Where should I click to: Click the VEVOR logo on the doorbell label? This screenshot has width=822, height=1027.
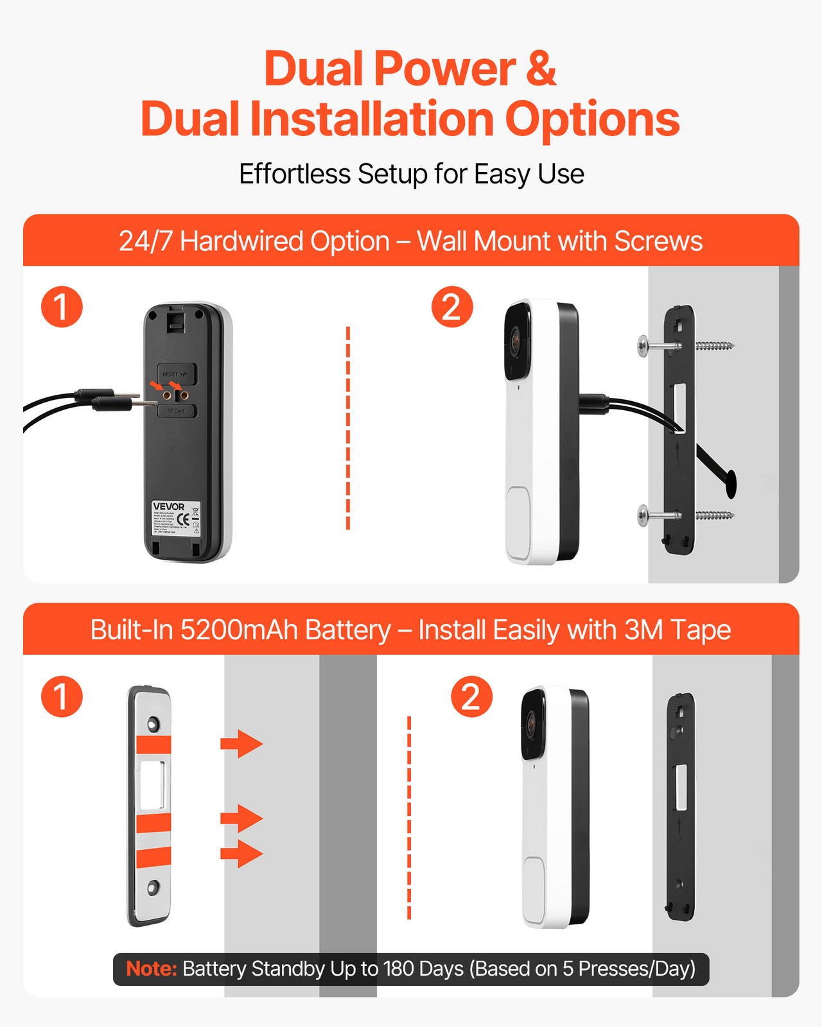[168, 506]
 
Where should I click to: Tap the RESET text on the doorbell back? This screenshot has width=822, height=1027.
[170, 374]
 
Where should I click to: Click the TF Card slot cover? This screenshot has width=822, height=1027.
[177, 411]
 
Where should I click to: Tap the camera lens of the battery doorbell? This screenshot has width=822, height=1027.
[532, 723]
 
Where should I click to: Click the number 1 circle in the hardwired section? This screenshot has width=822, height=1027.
[62, 307]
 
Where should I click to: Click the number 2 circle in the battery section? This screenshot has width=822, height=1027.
[471, 696]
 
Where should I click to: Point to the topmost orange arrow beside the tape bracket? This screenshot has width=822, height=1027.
[241, 743]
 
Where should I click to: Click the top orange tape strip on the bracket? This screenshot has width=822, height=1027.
[153, 745]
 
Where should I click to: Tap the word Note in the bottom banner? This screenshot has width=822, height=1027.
[151, 969]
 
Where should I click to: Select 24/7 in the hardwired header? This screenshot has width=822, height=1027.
[146, 241]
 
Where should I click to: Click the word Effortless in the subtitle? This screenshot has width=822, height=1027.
[295, 174]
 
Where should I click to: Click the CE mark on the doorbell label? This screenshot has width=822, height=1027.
[183, 518]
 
